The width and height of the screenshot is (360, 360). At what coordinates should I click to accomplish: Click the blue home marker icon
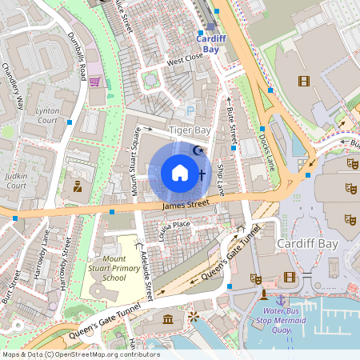click(x=180, y=173)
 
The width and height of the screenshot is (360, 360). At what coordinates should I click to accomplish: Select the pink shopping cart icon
click(x=94, y=81)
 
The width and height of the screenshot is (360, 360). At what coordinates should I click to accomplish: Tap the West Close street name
click(x=185, y=59)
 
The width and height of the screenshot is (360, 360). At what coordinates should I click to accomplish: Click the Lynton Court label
click(x=47, y=116)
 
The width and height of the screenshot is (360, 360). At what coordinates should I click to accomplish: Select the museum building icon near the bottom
click(x=168, y=320)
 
